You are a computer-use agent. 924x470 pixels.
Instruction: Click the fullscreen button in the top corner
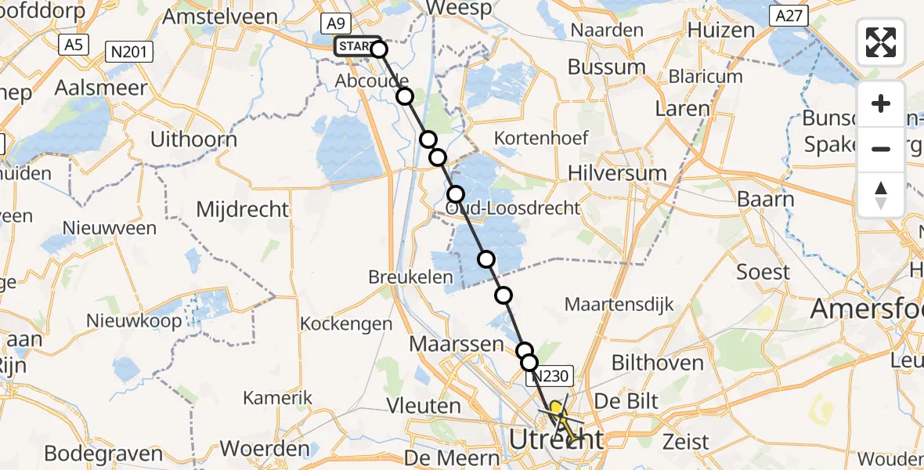881,42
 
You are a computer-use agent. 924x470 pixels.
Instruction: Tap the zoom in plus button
881,103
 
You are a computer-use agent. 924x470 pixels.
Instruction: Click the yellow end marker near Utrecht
556,407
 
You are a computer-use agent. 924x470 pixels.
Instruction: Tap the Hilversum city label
619,173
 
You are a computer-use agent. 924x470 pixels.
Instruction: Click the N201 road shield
130,52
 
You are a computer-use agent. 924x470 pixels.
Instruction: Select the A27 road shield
789,16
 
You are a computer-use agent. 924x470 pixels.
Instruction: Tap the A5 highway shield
74,45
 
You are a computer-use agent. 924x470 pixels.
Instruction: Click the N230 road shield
553,377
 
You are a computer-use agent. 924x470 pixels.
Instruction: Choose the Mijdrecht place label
243,209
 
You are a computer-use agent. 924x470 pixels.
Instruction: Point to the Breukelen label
411,277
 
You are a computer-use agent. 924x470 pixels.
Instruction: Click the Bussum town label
607,67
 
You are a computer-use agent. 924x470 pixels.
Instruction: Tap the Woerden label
265,449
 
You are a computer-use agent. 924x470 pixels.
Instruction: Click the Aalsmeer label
101,88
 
